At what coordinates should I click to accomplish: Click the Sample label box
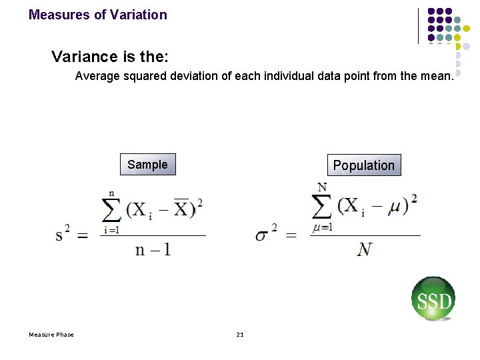[147, 165]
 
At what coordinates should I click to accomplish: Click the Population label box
[363, 165]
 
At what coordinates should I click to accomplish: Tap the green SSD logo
[433, 299]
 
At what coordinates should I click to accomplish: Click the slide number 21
[240, 334]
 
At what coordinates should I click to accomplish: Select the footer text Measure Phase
[51, 334]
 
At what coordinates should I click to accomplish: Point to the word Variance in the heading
[77, 57]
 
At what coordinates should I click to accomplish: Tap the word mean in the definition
[436, 76]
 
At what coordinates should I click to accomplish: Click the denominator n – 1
[153, 249]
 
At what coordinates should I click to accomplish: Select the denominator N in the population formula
[364, 249]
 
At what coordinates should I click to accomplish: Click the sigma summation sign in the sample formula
[112, 209]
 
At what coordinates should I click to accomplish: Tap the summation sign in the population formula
[323, 204]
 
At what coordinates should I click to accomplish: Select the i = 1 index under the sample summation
[111, 230]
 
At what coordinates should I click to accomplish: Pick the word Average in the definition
[96, 76]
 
